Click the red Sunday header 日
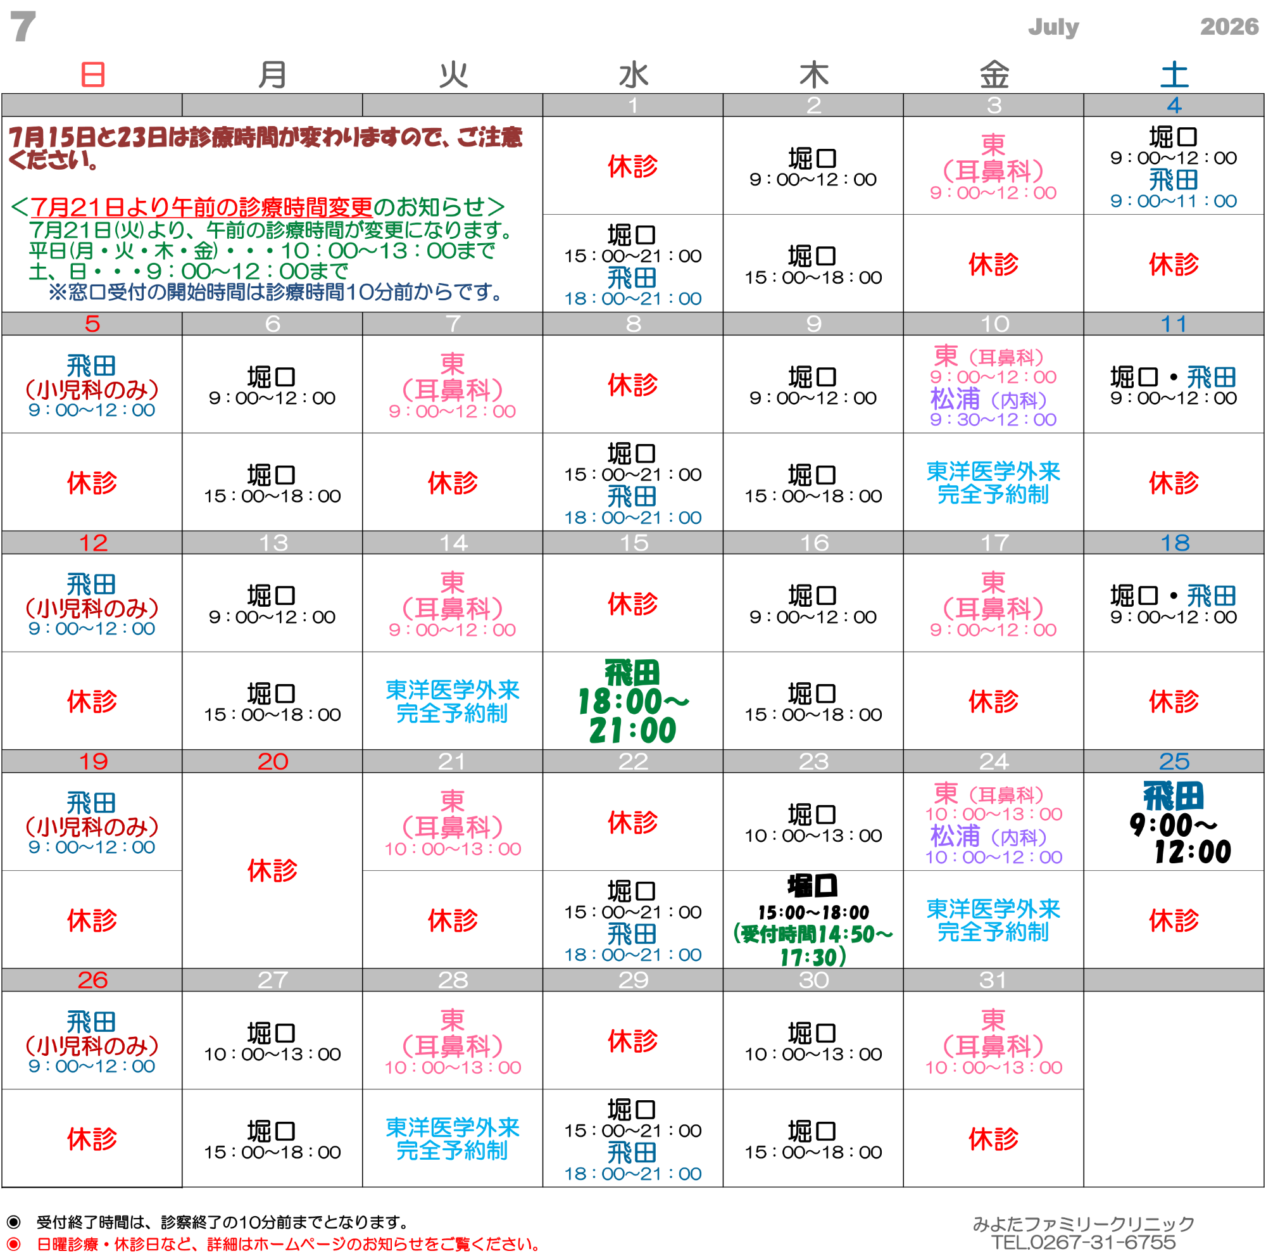point(92,75)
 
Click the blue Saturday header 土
point(1174,75)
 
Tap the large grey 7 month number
point(23,27)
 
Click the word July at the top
point(1053,27)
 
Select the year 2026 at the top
point(1229,26)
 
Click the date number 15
point(634,543)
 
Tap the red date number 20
point(273,761)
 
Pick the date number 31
point(993,979)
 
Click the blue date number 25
point(1174,761)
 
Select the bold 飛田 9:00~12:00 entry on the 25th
point(1174,823)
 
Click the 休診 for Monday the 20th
point(273,870)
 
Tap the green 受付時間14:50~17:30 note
point(813,945)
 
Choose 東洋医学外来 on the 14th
point(452,690)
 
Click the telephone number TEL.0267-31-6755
point(1083,1242)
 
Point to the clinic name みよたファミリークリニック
point(1083,1223)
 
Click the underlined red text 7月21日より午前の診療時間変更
point(201,207)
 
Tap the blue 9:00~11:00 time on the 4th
point(1174,201)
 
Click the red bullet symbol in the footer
point(13,1243)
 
